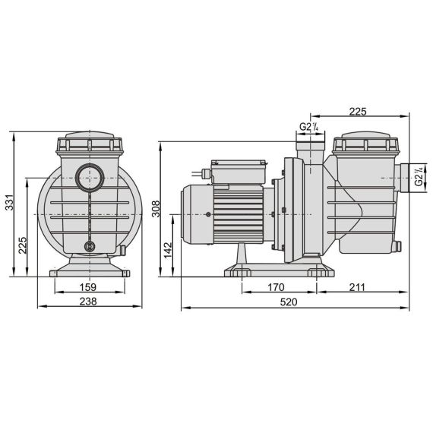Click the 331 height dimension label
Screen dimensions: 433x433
(x=9, y=202)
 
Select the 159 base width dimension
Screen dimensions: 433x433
(x=88, y=287)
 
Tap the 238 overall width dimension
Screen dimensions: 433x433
(x=88, y=302)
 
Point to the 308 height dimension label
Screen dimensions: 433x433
(x=156, y=209)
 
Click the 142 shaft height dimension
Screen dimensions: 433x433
(x=168, y=250)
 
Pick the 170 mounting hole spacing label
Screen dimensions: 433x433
(x=276, y=287)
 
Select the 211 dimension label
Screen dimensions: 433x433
(x=357, y=287)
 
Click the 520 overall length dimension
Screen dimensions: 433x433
(x=289, y=302)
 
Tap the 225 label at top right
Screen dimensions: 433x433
(x=358, y=112)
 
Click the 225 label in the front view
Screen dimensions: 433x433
(x=23, y=245)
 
